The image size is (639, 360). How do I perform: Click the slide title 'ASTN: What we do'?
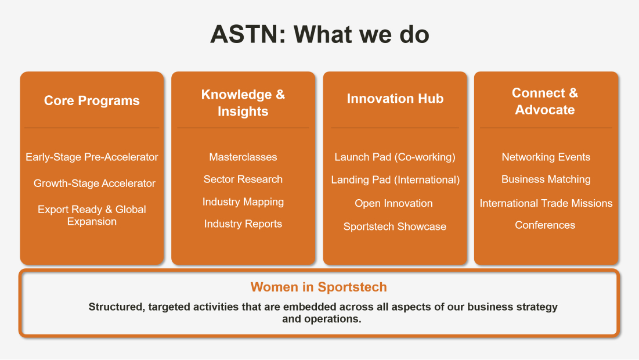click(319, 34)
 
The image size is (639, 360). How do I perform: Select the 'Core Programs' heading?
click(92, 100)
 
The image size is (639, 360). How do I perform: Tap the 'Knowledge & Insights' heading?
click(243, 103)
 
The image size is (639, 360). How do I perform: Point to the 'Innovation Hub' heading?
click(395, 99)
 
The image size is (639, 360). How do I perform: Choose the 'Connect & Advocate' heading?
click(545, 101)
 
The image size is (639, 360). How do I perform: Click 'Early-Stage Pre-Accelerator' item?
click(92, 157)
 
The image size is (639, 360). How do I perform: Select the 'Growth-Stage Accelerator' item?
click(95, 183)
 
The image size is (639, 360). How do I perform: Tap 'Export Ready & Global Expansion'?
click(92, 215)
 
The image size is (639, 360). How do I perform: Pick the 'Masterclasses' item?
click(243, 157)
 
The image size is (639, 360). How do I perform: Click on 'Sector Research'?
click(243, 179)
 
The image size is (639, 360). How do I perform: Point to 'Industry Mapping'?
click(243, 202)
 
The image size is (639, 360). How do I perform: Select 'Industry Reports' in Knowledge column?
click(243, 224)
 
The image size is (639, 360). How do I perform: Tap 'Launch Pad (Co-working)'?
click(395, 157)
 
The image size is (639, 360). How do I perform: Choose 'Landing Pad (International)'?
click(395, 180)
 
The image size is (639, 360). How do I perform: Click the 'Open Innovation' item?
click(393, 203)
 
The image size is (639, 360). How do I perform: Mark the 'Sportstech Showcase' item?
click(395, 226)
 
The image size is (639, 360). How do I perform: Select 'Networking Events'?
click(546, 157)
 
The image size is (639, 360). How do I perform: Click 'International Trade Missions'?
click(546, 203)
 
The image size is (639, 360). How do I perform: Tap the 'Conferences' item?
click(545, 225)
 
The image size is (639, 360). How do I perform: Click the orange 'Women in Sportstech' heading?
click(319, 287)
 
